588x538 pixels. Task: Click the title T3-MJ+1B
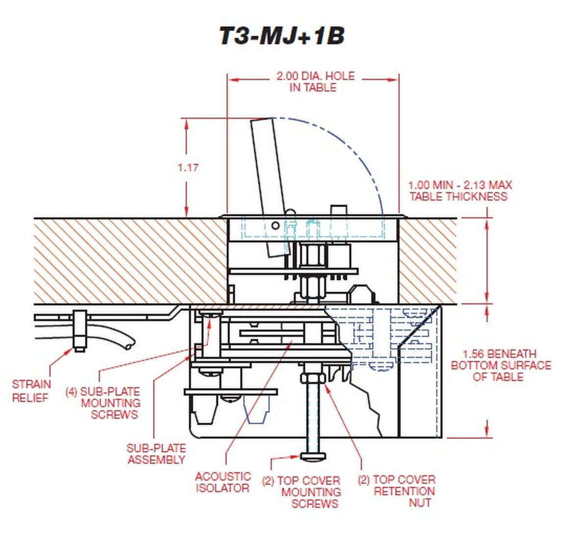pos(281,37)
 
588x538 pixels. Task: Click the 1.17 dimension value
pos(188,167)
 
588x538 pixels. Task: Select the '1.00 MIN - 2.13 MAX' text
pos(460,185)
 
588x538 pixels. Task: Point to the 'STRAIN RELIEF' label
pos(31,391)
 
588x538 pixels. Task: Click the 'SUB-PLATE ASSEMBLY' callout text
pos(156,454)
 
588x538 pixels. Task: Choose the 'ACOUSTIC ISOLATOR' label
pos(223,482)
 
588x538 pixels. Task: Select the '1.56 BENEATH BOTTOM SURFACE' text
pos(500,359)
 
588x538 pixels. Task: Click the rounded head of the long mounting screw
pos(314,457)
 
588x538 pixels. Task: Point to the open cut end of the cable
pos(128,346)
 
